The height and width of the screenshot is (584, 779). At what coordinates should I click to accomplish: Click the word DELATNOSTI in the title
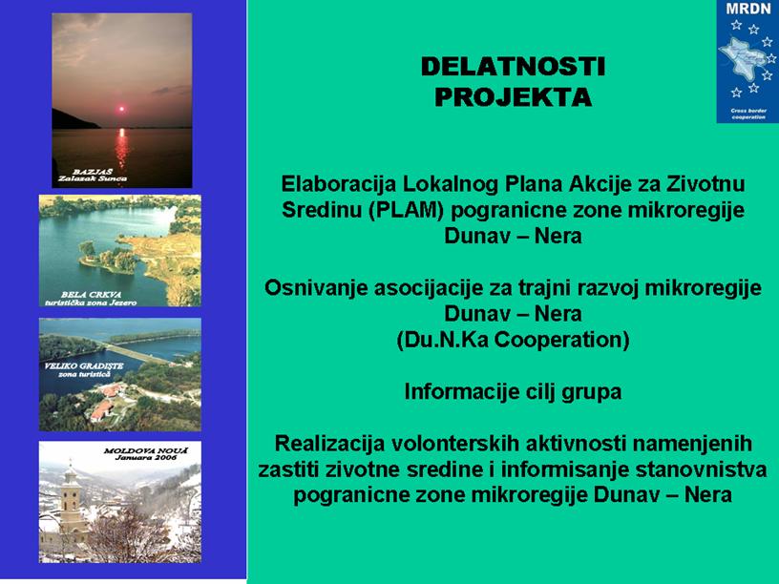coord(513,67)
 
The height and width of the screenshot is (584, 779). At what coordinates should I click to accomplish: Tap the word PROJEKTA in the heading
coord(513,96)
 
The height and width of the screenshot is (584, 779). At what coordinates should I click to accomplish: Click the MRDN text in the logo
coord(747,9)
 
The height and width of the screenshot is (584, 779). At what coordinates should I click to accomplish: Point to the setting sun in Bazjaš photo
coord(120,109)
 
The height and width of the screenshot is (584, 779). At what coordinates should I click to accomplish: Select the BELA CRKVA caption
coord(91,295)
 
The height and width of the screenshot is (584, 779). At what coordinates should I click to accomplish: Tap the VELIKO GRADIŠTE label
coord(84,366)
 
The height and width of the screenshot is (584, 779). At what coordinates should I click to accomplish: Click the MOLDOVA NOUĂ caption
coord(146,451)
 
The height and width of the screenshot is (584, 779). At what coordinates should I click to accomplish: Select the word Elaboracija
coord(339,184)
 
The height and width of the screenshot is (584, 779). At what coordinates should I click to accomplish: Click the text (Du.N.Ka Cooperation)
coord(513,340)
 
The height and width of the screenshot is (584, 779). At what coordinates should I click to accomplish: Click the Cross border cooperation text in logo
coord(748,114)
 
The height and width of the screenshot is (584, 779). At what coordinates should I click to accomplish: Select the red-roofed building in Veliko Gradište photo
coord(102,410)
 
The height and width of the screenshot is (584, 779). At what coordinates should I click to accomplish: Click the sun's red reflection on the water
coord(121,147)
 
